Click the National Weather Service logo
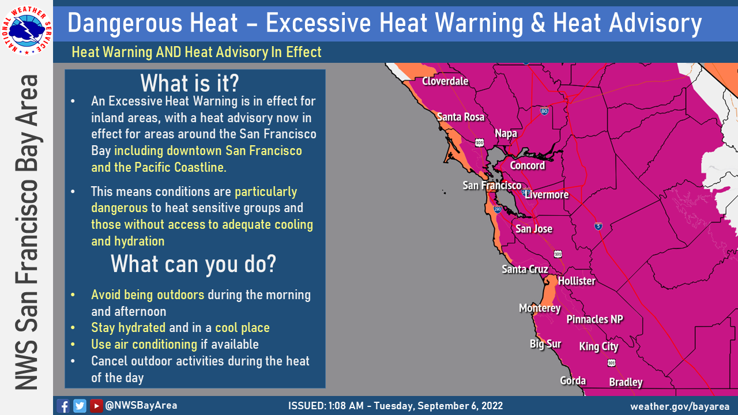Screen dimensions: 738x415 [x=27, y=31]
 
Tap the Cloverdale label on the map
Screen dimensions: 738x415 [x=445, y=81]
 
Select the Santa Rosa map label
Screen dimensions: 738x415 [x=461, y=117]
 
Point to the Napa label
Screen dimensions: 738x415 [x=506, y=134]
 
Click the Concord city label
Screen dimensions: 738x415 [x=528, y=165]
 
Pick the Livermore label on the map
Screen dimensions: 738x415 [x=547, y=195]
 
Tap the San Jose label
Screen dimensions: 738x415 [x=534, y=229]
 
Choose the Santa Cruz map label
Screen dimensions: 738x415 [x=525, y=269]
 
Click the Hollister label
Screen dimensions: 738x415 [x=577, y=281]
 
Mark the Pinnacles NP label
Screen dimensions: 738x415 [x=594, y=319]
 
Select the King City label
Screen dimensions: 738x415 [x=598, y=347]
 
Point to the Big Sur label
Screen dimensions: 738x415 [x=545, y=344]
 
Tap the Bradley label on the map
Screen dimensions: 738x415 [x=626, y=382]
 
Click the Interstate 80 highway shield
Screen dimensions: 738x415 [x=544, y=111]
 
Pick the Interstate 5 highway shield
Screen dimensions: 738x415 [x=598, y=227]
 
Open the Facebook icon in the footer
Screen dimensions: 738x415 [x=63, y=406]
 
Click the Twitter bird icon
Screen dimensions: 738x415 [x=80, y=406]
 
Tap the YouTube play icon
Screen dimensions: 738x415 [x=96, y=406]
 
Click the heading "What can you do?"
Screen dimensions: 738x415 [x=193, y=264]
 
